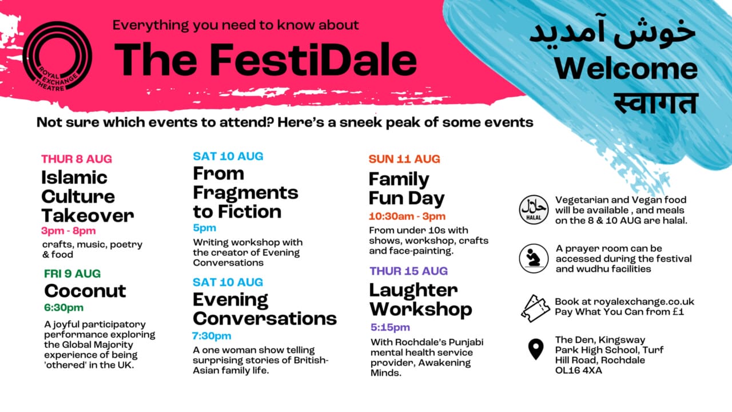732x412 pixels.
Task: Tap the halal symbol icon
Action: point(534,209)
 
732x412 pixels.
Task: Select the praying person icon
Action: point(534,258)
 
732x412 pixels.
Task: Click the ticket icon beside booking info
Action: point(535,308)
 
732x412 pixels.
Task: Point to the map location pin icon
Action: point(536,349)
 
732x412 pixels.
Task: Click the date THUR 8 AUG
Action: point(77,159)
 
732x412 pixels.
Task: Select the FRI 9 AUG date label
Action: point(72,274)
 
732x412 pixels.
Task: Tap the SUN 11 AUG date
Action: point(404,159)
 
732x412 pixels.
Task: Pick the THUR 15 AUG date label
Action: point(408,271)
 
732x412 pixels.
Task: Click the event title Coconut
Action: point(85,291)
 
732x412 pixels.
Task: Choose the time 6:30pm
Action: point(63,307)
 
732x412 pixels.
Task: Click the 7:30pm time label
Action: point(212,336)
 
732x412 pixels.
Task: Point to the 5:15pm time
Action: point(390,327)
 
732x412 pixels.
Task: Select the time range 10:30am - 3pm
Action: point(407,216)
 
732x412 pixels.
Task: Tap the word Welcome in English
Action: point(626,69)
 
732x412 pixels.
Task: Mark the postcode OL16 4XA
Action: point(578,370)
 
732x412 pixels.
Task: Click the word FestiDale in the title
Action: point(313,60)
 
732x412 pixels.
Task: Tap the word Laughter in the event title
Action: point(413,290)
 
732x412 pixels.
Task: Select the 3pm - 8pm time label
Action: point(68,231)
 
